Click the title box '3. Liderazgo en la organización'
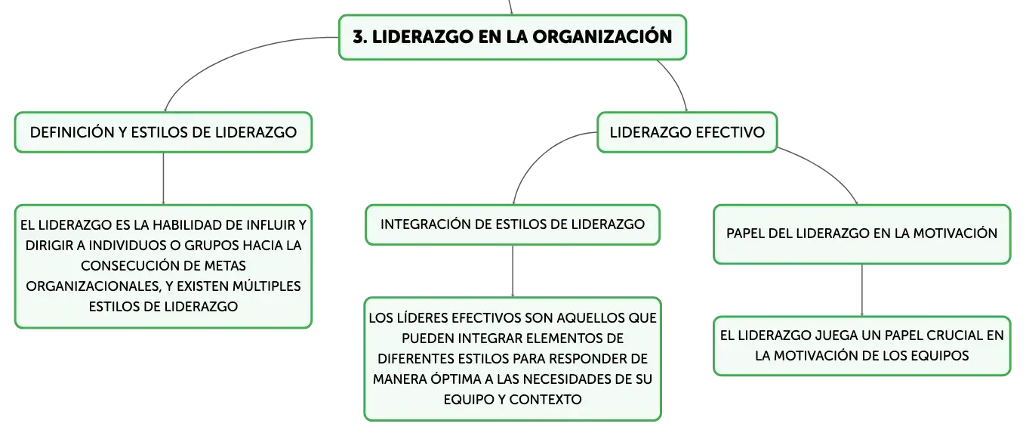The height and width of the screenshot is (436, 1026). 513,37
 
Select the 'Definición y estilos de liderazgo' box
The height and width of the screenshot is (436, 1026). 164,132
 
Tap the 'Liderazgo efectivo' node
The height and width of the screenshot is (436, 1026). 687,132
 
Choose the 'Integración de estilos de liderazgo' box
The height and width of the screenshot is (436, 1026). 513,224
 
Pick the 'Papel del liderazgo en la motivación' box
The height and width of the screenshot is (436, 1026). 862,234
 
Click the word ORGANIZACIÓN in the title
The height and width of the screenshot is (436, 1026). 602,37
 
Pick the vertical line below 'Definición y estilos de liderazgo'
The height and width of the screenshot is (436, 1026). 164,179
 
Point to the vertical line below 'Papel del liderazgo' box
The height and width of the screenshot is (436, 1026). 862,290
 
